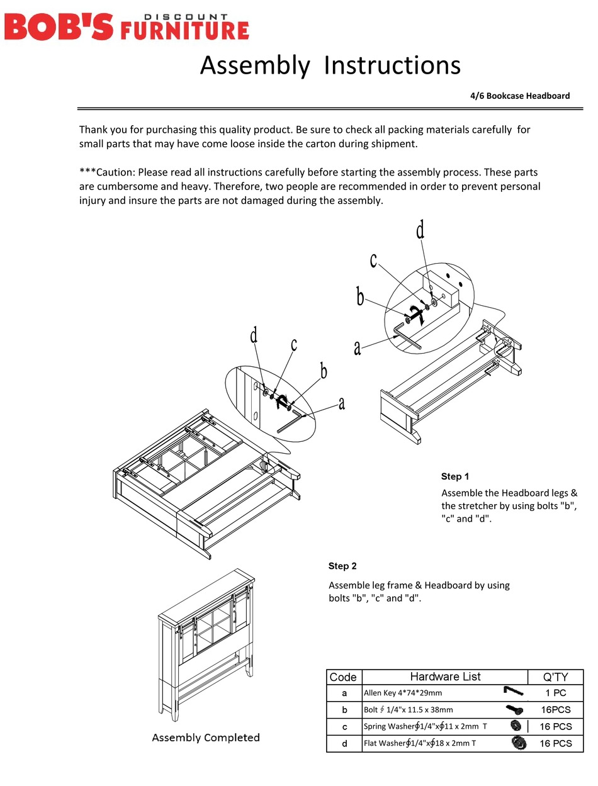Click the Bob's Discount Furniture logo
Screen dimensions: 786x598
point(127,27)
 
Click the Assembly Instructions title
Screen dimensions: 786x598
point(330,65)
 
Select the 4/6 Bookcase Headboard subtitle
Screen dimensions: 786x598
point(519,96)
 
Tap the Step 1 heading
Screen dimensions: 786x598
point(455,476)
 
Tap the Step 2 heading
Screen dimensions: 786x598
point(342,566)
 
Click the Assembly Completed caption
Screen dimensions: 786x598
point(206,738)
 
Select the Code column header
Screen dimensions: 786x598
point(343,677)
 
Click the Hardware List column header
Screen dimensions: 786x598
point(445,677)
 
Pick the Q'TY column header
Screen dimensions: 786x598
point(555,677)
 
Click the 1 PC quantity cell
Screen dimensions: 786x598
point(555,693)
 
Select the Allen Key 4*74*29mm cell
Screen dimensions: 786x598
point(403,693)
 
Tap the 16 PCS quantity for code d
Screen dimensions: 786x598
point(555,743)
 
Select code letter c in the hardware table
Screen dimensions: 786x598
point(344,726)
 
